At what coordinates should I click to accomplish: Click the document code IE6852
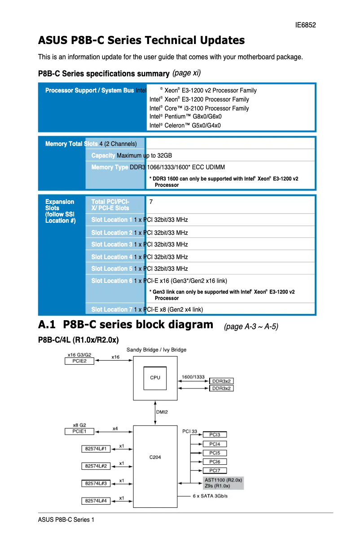pos(305,25)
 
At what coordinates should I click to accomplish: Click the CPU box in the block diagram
pos(155,378)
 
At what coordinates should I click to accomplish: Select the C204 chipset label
pos(155,457)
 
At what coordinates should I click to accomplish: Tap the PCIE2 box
pos(79,361)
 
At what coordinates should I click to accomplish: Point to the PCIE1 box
pos(79,431)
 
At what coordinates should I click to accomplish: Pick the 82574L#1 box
pos(96,449)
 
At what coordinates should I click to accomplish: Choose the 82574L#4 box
pos(96,501)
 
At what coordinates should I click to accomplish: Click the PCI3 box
pos(215,435)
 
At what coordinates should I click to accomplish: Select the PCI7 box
pos(215,471)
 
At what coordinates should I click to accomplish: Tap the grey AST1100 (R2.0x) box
pos(223,480)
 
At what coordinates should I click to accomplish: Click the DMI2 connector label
pos(162,412)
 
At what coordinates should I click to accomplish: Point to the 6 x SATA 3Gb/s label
pos(210,496)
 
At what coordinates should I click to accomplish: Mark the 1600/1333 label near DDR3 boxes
pos(193,377)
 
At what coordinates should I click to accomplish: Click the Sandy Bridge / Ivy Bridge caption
pos(156,350)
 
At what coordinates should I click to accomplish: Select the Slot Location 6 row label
pos(112,281)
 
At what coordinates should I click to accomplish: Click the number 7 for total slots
pos(151,202)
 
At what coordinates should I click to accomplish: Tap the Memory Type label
pos(110,167)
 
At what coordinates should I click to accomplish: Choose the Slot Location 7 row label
pos(112,309)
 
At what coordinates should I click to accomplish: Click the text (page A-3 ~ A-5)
pos(251,326)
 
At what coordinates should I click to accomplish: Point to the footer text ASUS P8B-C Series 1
pos(66,520)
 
